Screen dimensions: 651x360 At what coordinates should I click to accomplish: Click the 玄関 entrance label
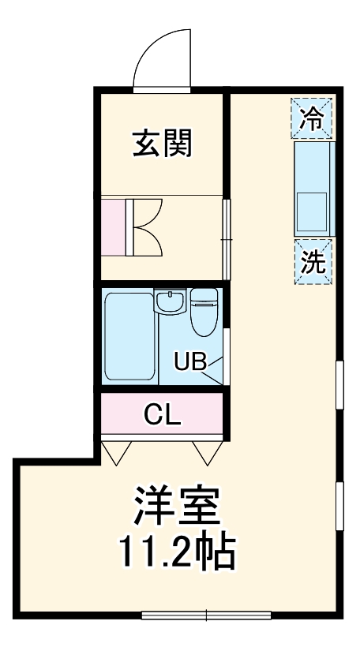163,144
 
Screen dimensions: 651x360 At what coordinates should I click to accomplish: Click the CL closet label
163,413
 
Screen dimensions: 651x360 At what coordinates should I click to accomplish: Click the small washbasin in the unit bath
168,301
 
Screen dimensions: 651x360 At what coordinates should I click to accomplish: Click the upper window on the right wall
339,384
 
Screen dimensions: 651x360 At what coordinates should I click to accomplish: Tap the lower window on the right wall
339,505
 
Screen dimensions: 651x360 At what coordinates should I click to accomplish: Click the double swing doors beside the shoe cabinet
146,226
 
